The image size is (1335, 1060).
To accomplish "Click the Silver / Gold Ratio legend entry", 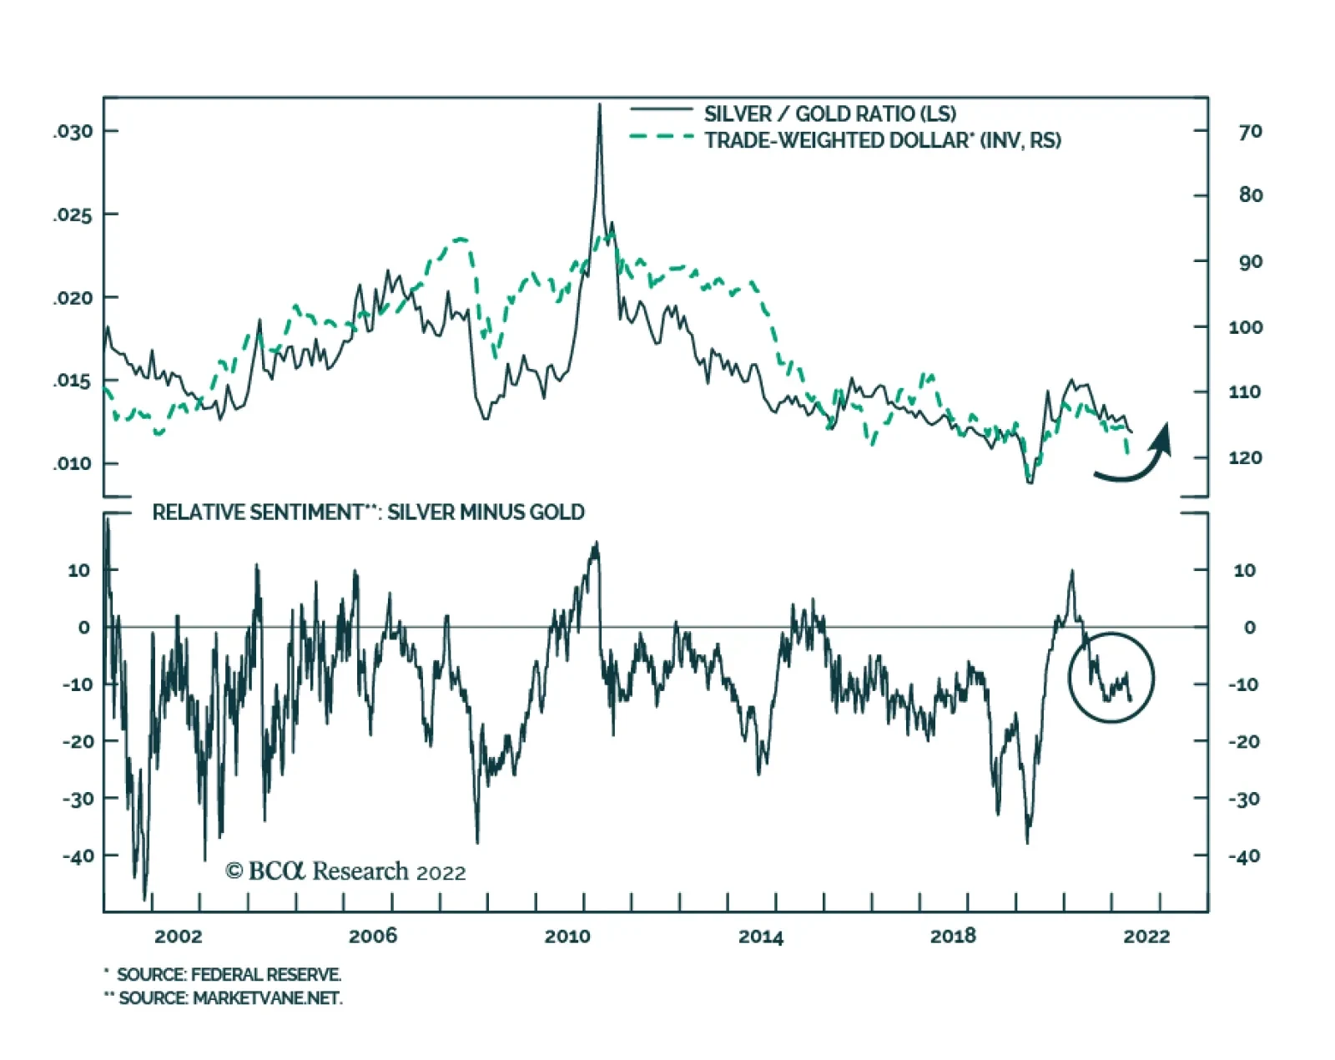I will pyautogui.click(x=829, y=114).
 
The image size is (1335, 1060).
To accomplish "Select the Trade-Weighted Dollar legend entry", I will pyautogui.click(x=882, y=140).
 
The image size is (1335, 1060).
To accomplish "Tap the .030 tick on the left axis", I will pyautogui.click(x=73, y=132).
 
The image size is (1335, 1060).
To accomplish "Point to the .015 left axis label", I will pyautogui.click(x=73, y=381).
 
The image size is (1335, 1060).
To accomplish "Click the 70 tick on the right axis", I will pyautogui.click(x=1250, y=132).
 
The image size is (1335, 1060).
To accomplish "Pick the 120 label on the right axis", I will pyautogui.click(x=1245, y=457).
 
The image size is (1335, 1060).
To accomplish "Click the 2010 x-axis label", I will pyautogui.click(x=567, y=936).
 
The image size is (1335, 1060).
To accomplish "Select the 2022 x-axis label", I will pyautogui.click(x=1146, y=936).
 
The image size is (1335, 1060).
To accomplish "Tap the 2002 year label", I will pyautogui.click(x=178, y=936).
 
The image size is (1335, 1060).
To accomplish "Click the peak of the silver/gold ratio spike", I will pyautogui.click(x=599, y=105).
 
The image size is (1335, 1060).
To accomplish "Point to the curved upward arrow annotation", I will pyautogui.click(x=1135, y=455).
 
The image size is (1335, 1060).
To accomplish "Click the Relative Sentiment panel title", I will pyautogui.click(x=368, y=512).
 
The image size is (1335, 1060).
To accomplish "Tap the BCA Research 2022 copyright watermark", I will pyautogui.click(x=345, y=871).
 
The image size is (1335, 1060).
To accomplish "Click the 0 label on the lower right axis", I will pyautogui.click(x=1249, y=628).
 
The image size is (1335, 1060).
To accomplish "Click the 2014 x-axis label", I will pyautogui.click(x=761, y=936).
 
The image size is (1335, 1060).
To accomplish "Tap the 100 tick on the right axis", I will pyautogui.click(x=1245, y=327).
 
